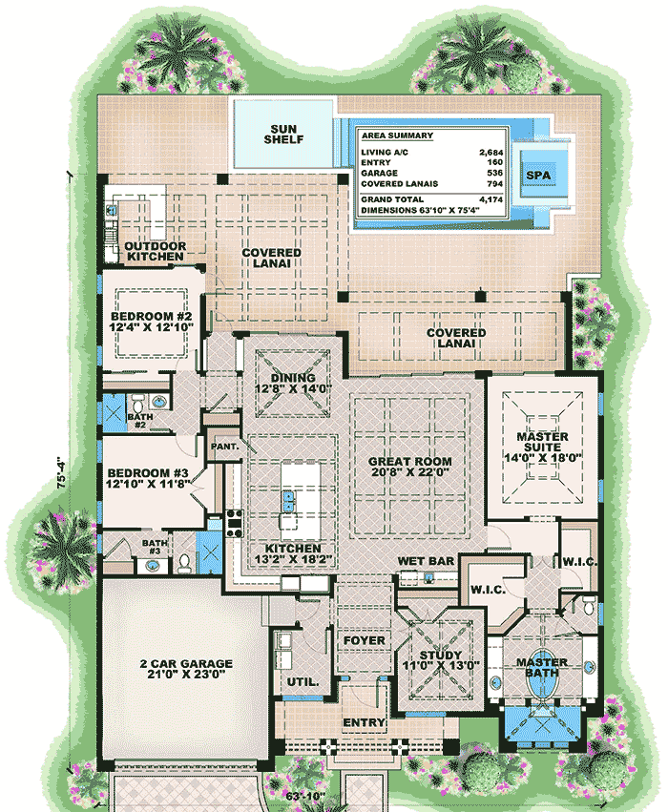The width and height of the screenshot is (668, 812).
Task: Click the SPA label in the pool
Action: tap(538, 175)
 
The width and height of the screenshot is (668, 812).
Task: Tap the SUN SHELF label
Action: tap(283, 135)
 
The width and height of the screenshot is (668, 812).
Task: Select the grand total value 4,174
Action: tap(491, 199)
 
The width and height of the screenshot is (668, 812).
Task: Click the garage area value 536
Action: tap(494, 173)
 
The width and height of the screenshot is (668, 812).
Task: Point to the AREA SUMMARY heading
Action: tap(397, 135)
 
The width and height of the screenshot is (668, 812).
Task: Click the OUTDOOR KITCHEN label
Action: tap(156, 251)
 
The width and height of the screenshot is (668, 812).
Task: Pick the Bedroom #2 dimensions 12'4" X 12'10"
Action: tap(151, 327)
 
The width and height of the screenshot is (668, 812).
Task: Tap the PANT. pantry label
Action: tap(225, 446)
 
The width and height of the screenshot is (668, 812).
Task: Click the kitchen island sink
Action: tap(288, 501)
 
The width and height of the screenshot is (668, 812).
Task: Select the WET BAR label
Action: tap(426, 561)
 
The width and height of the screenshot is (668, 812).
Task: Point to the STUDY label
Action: tap(441, 656)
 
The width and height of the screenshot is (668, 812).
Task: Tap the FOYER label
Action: tap(364, 640)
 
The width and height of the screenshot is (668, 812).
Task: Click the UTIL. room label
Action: tap(303, 682)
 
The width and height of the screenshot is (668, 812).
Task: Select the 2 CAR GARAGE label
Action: tap(186, 663)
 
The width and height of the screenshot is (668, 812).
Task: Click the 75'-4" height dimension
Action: tap(61, 472)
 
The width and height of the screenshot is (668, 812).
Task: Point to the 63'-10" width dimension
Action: tap(305, 796)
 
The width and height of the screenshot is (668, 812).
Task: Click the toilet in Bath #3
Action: tap(184, 563)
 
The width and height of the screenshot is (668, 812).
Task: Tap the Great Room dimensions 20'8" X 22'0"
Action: tap(410, 471)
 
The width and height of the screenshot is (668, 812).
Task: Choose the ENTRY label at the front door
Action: tap(364, 722)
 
